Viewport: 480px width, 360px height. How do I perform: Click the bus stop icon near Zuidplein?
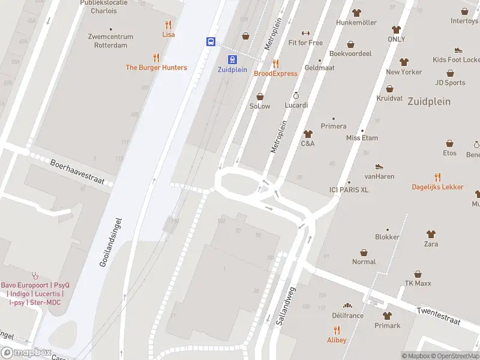[211, 41]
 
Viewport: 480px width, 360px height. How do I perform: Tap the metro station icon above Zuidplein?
[232, 59]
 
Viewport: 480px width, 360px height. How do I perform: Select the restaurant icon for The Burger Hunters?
[157, 58]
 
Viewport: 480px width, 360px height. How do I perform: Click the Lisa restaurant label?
[168, 35]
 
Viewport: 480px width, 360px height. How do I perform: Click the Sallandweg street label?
[287, 305]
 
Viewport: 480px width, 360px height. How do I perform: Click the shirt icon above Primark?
[387, 316]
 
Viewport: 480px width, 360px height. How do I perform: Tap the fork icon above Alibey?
[337, 329]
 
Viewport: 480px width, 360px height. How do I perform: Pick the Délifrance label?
[347, 316]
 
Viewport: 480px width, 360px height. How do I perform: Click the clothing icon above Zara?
[431, 234]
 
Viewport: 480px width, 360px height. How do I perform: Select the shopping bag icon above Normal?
[364, 252]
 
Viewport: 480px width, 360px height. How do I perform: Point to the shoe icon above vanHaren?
[379, 167]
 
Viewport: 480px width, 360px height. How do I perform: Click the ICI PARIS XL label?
[349, 190]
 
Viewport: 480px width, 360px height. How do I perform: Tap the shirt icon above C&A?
[308, 134]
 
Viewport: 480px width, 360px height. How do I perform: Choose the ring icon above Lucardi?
[296, 95]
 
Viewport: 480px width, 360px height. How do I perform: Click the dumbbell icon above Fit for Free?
[305, 33]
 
